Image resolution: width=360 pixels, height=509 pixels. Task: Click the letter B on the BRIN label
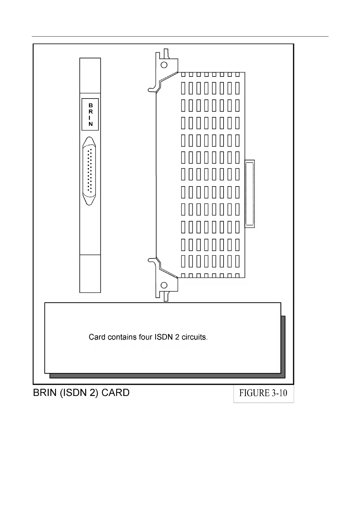point(90,105)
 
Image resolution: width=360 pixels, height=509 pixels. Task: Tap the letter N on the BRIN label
point(90,124)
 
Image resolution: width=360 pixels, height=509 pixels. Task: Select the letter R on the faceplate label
point(90,112)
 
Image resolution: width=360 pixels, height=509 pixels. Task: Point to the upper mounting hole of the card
point(164,65)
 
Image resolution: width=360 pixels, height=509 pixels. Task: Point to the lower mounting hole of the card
point(164,285)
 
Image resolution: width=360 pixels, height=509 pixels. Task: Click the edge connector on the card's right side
point(250,194)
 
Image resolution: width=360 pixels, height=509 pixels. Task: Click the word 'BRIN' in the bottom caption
point(45,393)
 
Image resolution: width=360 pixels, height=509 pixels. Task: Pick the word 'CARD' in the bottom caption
point(116,393)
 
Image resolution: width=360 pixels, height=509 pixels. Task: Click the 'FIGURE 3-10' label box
point(263,393)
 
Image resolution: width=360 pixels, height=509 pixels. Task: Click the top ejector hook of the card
point(152,89)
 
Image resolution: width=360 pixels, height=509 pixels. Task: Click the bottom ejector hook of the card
point(152,260)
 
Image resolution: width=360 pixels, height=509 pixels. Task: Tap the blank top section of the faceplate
point(90,76)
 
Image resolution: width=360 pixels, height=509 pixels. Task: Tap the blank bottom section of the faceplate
point(90,274)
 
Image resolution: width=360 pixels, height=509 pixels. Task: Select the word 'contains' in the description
point(122,337)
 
